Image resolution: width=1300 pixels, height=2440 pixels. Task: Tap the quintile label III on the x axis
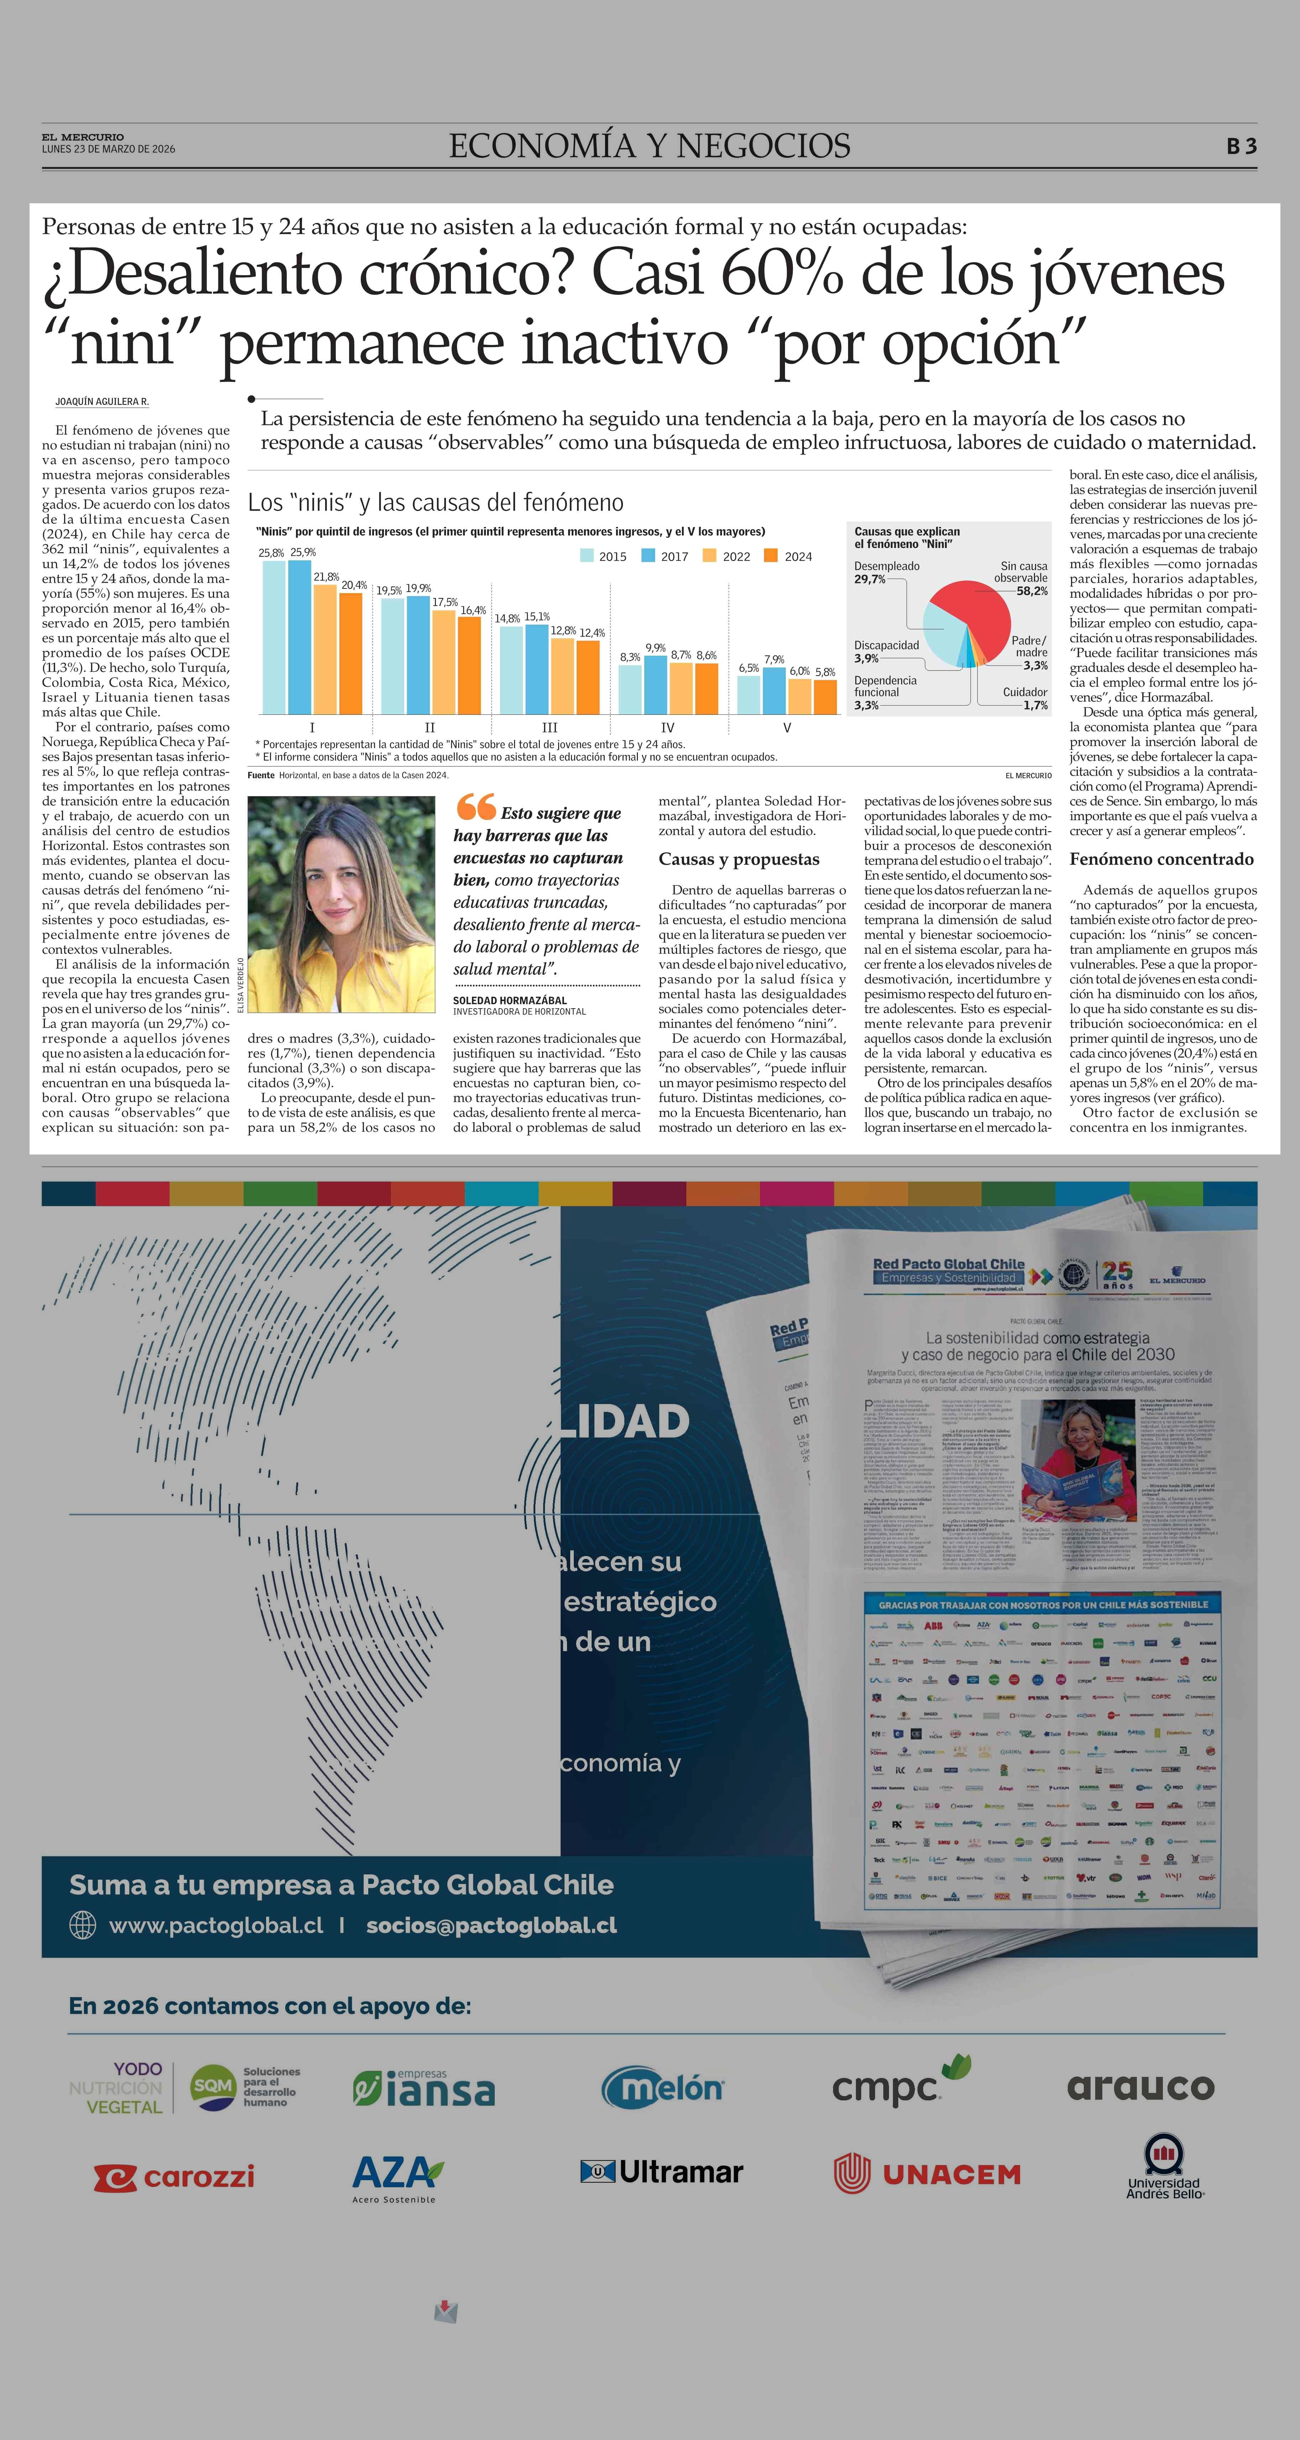pyautogui.click(x=550, y=727)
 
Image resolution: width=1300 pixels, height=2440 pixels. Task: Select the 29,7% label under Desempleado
pyautogui.click(x=870, y=579)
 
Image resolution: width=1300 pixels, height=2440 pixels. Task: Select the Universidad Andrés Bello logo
pyautogui.click(x=1165, y=2168)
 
